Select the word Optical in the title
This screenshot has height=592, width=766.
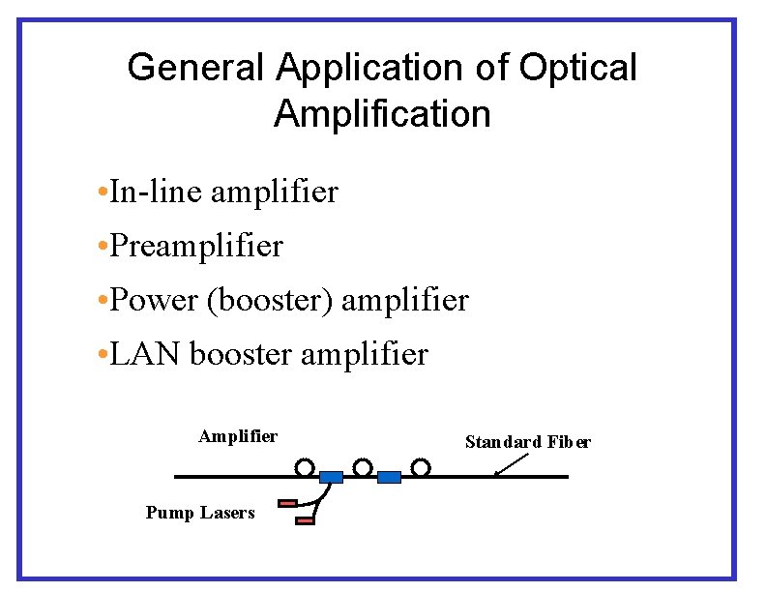click(x=578, y=69)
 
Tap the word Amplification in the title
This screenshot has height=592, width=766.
click(x=382, y=114)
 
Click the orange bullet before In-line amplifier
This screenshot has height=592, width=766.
click(x=103, y=192)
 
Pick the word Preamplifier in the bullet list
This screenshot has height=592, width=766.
click(x=196, y=246)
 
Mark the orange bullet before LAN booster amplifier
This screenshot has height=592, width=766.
click(x=103, y=355)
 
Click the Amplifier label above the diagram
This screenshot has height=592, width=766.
click(x=238, y=436)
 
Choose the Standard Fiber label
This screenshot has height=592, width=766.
click(x=527, y=442)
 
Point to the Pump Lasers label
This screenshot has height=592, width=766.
click(x=200, y=513)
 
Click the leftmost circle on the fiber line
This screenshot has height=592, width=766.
click(x=305, y=468)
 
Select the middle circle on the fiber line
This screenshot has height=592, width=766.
click(x=363, y=468)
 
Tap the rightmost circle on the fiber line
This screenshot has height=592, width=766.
click(x=420, y=468)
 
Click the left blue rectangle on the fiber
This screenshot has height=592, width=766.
click(x=331, y=477)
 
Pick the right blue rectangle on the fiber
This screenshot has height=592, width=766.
click(x=389, y=477)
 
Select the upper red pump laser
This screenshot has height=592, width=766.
click(x=287, y=503)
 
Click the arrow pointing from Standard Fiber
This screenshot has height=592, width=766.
click(x=510, y=463)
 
